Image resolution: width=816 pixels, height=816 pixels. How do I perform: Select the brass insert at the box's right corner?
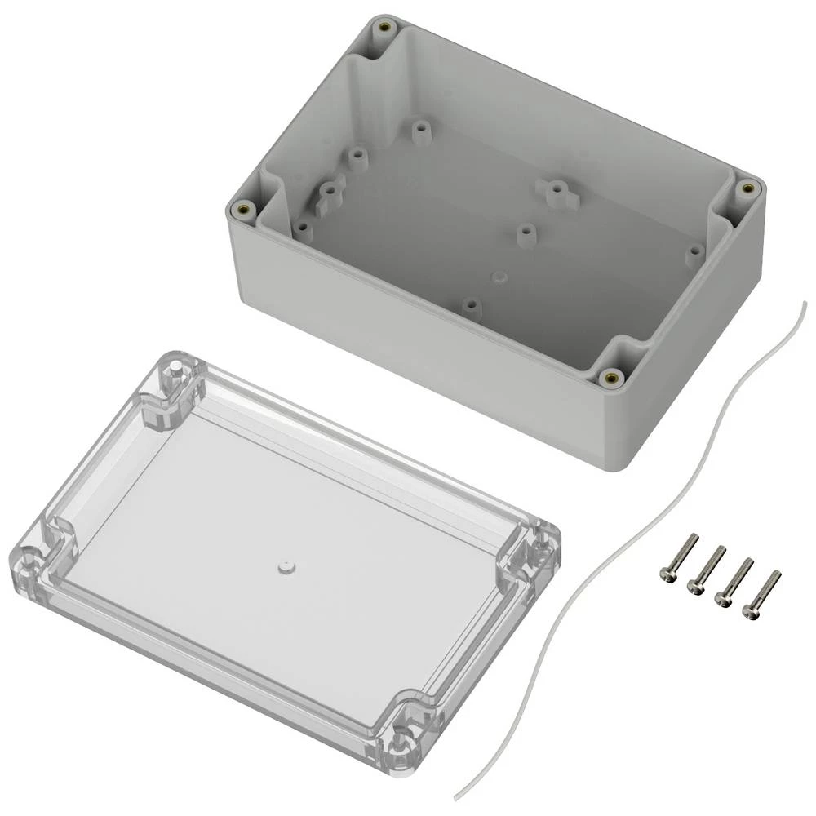coord(746,188)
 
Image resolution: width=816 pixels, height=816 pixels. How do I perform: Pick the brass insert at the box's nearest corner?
coord(609,377)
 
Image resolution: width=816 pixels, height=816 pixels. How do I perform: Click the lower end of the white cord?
coord(456,796)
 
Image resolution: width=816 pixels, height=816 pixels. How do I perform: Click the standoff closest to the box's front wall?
coord(470,307)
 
